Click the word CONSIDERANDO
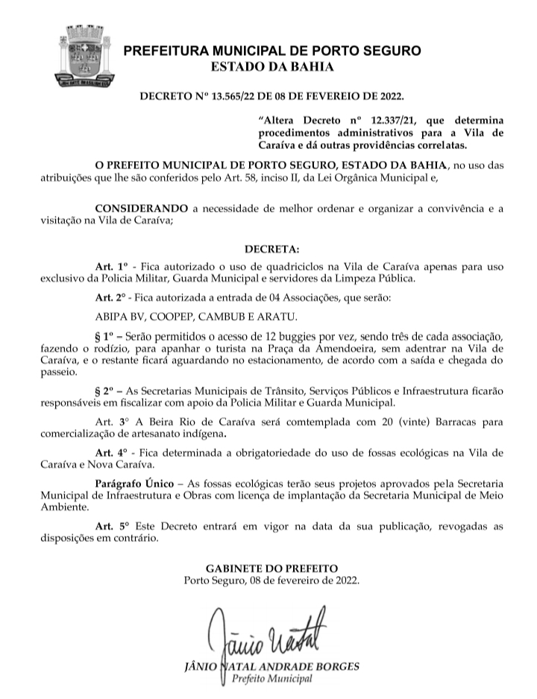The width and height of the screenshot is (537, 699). [139, 211]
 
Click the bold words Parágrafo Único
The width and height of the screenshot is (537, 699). [134, 483]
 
